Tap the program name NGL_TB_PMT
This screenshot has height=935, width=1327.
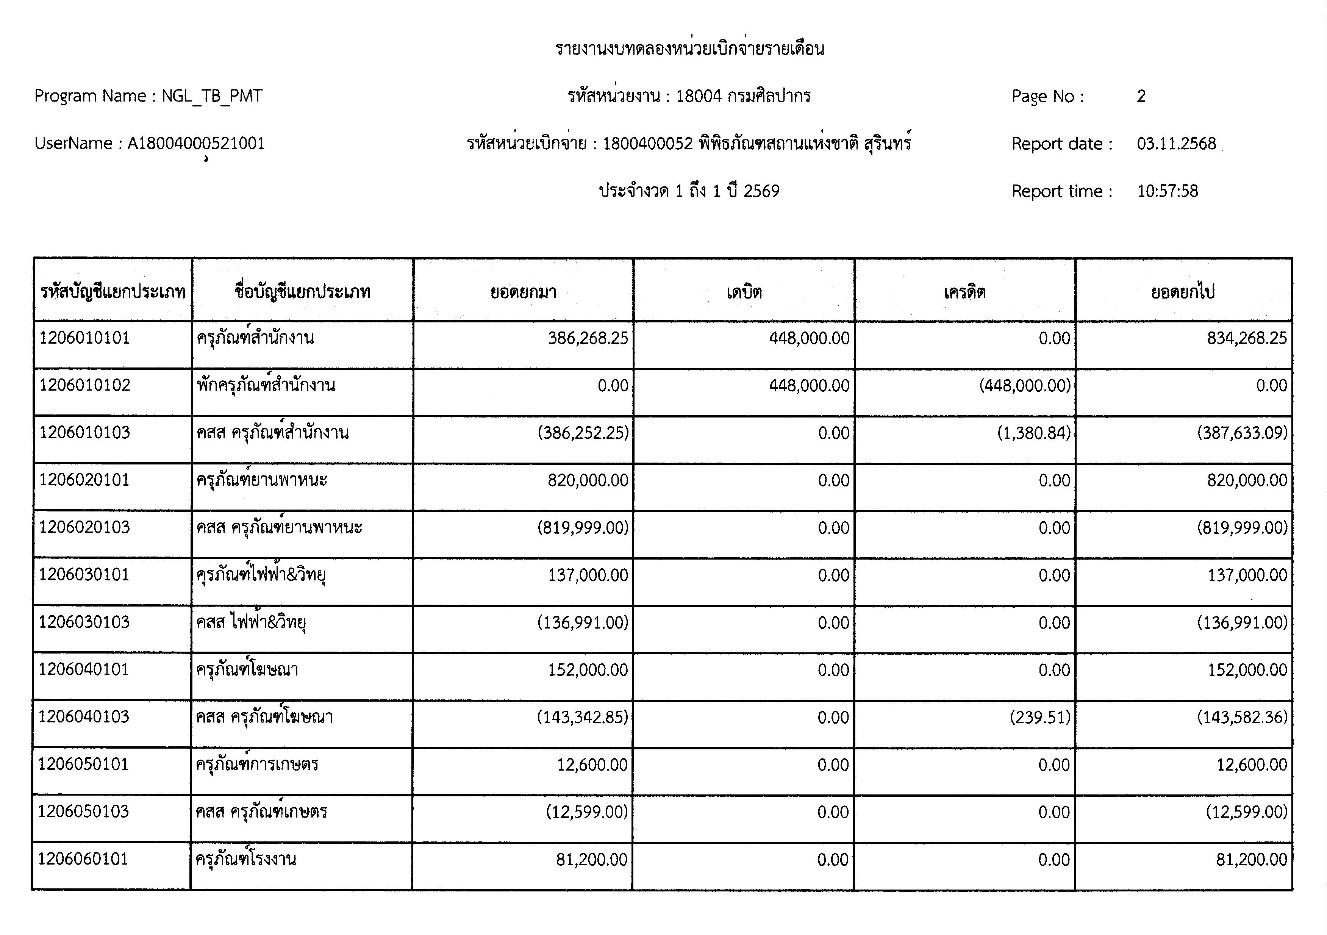point(211,96)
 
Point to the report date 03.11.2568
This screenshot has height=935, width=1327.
point(1176,143)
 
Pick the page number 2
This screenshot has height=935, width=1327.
point(1141,96)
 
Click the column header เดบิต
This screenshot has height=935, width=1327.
point(744,292)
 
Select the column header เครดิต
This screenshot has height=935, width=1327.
point(964,292)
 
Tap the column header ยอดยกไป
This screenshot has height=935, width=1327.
point(1183,292)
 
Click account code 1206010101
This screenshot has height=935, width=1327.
point(84,338)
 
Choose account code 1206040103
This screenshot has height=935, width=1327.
point(84,717)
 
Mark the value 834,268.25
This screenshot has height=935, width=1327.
point(1247,338)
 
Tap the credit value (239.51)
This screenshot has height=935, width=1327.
point(1040,717)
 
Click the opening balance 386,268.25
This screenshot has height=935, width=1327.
point(588,338)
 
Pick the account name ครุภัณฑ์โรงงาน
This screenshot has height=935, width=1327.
point(245,859)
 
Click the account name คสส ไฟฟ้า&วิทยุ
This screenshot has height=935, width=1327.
point(251,622)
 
